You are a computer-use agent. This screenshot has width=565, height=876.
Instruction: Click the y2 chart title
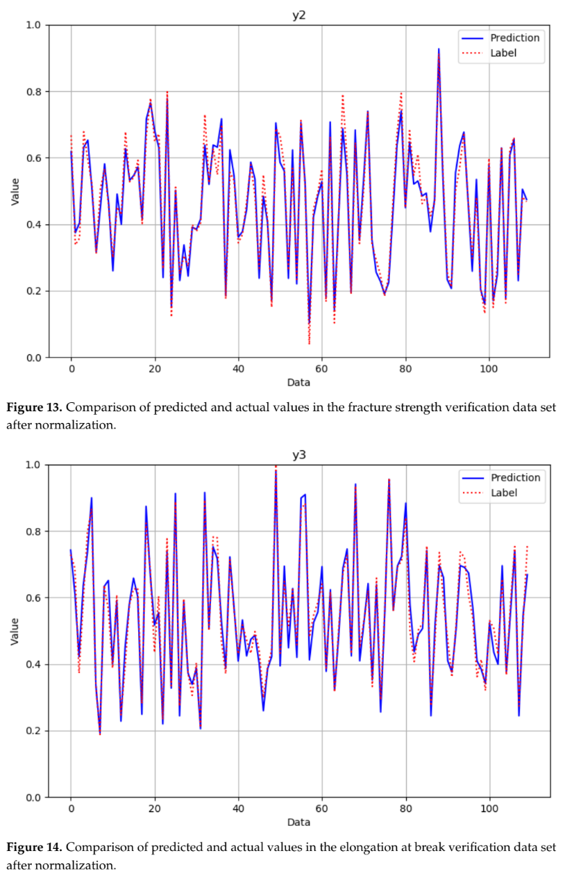(x=298, y=15)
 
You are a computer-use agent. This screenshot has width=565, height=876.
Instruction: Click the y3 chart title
(x=298, y=454)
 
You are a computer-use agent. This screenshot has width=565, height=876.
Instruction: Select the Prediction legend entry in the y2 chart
(x=514, y=38)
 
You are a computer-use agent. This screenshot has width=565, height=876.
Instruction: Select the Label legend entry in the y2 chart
(x=503, y=53)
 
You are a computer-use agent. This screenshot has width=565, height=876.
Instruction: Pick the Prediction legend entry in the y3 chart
(x=514, y=478)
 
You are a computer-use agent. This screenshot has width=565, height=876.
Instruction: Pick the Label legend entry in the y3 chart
(x=503, y=493)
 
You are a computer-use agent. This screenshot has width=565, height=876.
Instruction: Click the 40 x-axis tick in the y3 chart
(x=238, y=809)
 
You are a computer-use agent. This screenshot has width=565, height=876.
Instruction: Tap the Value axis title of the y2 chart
(x=15, y=191)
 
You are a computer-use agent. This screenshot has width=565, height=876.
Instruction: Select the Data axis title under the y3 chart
(x=298, y=823)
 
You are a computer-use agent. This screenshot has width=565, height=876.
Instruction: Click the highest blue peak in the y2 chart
(x=439, y=49)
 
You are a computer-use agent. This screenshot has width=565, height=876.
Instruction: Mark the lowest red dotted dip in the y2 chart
(x=310, y=342)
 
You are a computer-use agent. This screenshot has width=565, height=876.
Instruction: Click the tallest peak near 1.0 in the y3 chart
(x=276, y=468)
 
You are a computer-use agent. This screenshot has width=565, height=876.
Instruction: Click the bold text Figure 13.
(x=33, y=407)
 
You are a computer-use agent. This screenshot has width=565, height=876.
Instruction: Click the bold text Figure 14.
(x=33, y=848)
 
